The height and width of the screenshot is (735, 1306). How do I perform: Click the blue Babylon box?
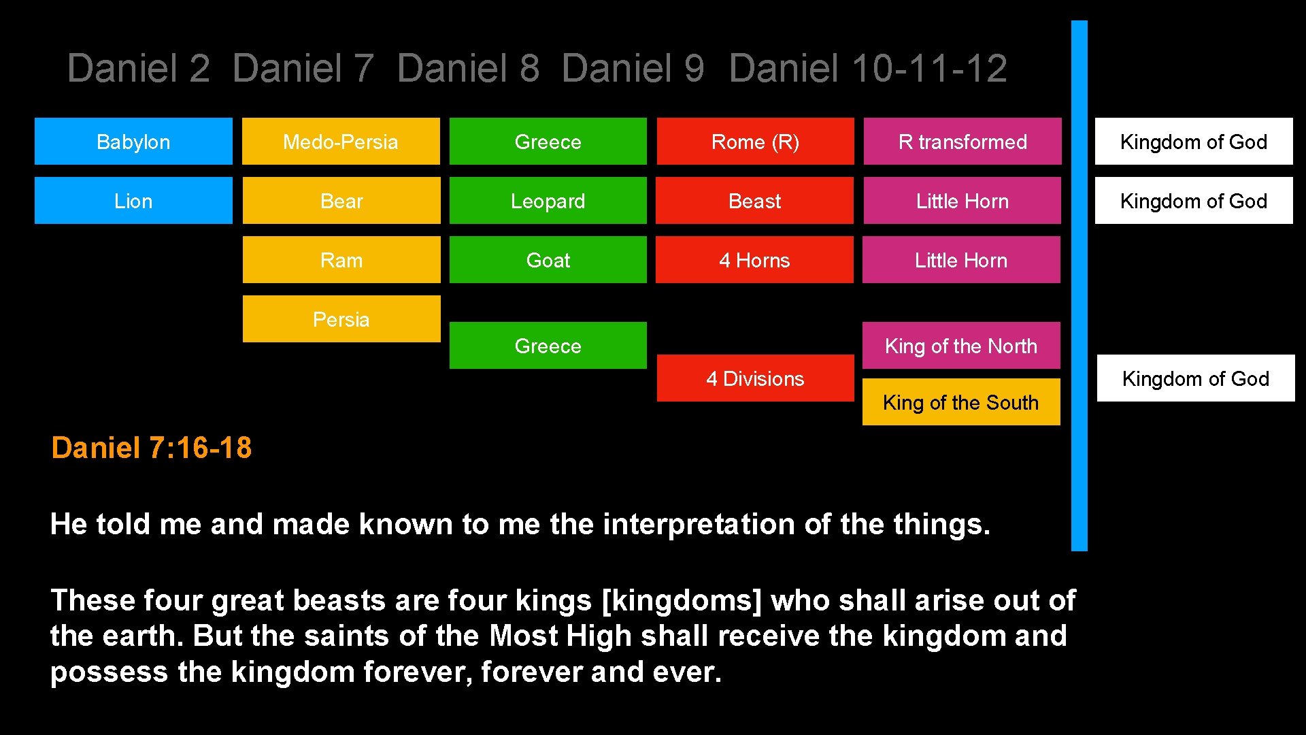click(x=133, y=142)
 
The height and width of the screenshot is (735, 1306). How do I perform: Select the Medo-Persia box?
click(x=341, y=142)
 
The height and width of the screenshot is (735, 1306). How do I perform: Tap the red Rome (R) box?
click(x=755, y=142)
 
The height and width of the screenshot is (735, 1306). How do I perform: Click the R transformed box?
click(x=962, y=142)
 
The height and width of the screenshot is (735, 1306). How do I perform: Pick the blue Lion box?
click(x=133, y=201)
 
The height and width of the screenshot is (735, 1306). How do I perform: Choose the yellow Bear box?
click(x=341, y=201)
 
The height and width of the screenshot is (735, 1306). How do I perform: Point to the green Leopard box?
click(x=548, y=201)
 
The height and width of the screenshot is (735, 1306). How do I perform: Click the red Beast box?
click(x=754, y=201)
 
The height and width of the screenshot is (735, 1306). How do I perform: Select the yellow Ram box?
click(x=341, y=260)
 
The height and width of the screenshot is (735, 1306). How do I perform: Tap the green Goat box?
click(x=548, y=260)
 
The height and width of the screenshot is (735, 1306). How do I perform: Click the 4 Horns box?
click(x=754, y=260)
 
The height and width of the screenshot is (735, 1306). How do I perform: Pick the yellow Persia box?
click(x=341, y=319)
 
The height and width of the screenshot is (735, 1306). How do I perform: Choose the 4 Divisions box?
click(x=755, y=378)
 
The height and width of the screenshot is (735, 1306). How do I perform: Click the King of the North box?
click(x=961, y=346)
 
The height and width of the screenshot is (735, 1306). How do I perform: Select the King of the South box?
click(x=961, y=402)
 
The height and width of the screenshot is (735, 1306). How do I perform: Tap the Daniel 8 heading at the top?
click(x=468, y=69)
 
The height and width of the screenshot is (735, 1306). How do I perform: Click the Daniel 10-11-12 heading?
click(x=868, y=69)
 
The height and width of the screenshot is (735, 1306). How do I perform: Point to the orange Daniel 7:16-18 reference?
click(x=151, y=448)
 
